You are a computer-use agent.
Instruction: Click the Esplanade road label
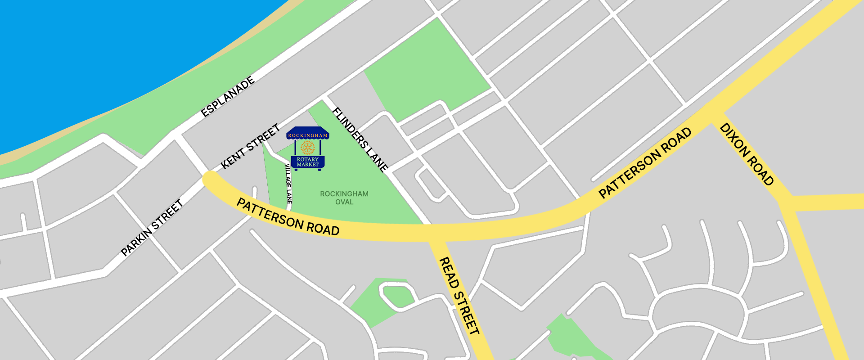coord(228,97)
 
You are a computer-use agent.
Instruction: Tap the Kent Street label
coord(251,146)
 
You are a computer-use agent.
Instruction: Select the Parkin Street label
coord(152,228)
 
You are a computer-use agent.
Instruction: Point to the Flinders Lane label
coord(360,139)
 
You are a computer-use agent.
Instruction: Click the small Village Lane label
coord(288,184)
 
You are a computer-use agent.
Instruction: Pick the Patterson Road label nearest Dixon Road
coord(645,162)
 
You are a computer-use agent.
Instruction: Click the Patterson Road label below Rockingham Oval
coord(288,217)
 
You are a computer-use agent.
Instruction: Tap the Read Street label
coord(459,296)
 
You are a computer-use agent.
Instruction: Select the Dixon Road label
coord(747,154)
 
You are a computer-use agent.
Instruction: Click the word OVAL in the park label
coord(344,202)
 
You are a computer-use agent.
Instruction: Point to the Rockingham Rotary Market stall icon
coord(308,148)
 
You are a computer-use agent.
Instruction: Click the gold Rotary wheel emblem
coord(308,147)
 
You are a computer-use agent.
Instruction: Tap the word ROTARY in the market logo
coord(308,159)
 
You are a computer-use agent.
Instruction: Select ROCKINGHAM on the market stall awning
coord(308,135)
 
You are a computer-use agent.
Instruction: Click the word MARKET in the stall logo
coord(308,165)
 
